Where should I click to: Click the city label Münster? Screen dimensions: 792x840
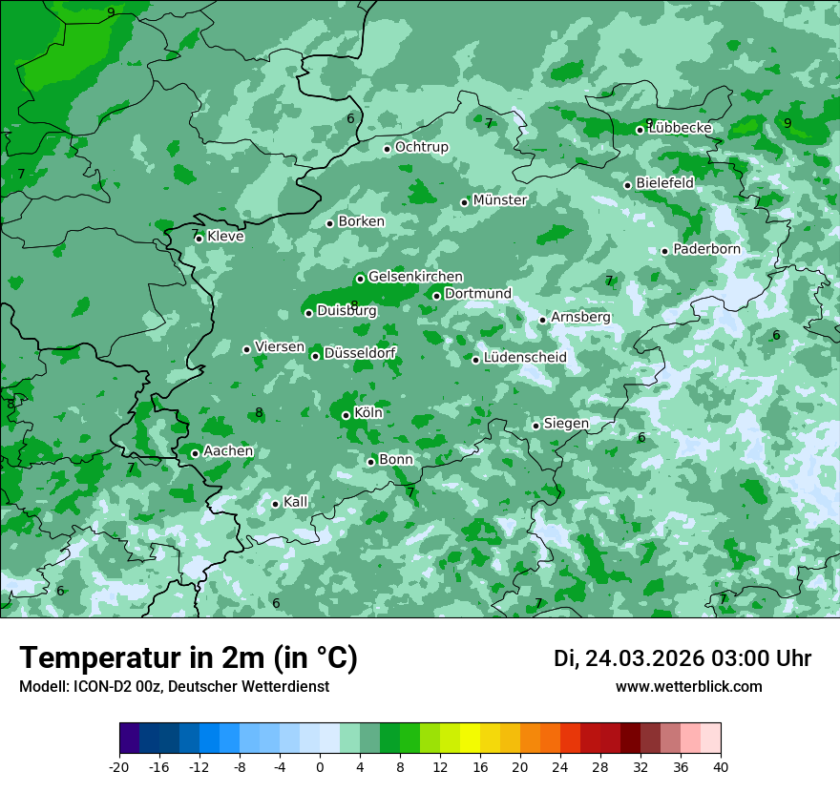pos(499,200)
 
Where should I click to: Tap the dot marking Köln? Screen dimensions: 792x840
pos(346,415)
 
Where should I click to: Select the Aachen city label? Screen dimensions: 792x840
pos(228,451)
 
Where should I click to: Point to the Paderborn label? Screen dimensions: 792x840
pos(706,249)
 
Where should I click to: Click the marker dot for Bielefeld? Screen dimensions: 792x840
pos(627,185)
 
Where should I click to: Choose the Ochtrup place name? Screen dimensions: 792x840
pos(421,147)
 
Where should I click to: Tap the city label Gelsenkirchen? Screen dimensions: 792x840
pos(415,277)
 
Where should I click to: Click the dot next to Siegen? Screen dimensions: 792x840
pos(535,426)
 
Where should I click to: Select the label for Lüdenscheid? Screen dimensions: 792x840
pos(525,358)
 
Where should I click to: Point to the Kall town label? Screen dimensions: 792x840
pos(296,502)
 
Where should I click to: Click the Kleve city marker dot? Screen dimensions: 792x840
pos(199,239)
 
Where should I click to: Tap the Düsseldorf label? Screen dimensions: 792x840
pos(360,354)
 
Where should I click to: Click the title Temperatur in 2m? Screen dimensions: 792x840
pos(188,658)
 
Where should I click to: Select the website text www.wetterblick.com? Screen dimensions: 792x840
pos(688,687)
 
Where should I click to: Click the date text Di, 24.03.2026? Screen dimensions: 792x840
pos(628,658)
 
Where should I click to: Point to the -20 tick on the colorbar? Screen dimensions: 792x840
pos(119,766)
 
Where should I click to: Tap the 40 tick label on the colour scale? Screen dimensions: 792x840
pos(721,766)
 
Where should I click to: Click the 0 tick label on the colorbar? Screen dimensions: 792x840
pos(320,766)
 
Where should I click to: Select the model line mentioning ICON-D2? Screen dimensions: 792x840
pos(174,687)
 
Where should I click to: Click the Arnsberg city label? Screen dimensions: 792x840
pos(580,317)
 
